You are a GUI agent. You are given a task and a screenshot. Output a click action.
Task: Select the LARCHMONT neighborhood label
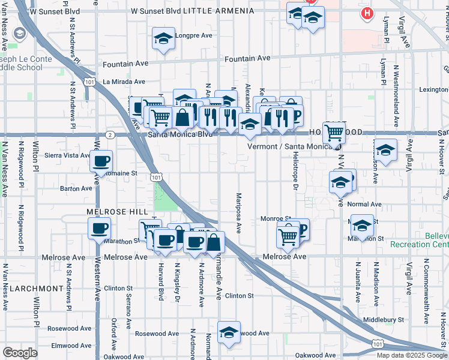tap(37, 288)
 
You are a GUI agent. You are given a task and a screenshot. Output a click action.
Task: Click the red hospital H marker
tap(366, 13)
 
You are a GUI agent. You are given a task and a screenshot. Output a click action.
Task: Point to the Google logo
tap(20, 352)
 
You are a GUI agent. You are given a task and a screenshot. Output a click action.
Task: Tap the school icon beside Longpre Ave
tap(163, 39)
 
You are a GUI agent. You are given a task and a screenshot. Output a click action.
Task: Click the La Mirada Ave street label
tap(124, 82)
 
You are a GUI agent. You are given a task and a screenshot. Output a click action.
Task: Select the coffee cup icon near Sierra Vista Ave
tap(101, 161)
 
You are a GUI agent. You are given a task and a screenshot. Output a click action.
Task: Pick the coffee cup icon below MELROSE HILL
tap(99, 228)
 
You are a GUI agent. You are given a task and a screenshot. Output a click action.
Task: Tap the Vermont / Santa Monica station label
tap(291, 146)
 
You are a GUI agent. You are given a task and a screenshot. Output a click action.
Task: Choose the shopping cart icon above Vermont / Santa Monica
tap(334, 132)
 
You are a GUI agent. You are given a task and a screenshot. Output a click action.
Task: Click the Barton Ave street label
tap(76, 188)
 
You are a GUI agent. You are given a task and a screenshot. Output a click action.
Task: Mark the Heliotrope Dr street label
tap(295, 172)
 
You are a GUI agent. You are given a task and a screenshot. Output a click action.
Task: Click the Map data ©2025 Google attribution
tap(412, 355)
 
